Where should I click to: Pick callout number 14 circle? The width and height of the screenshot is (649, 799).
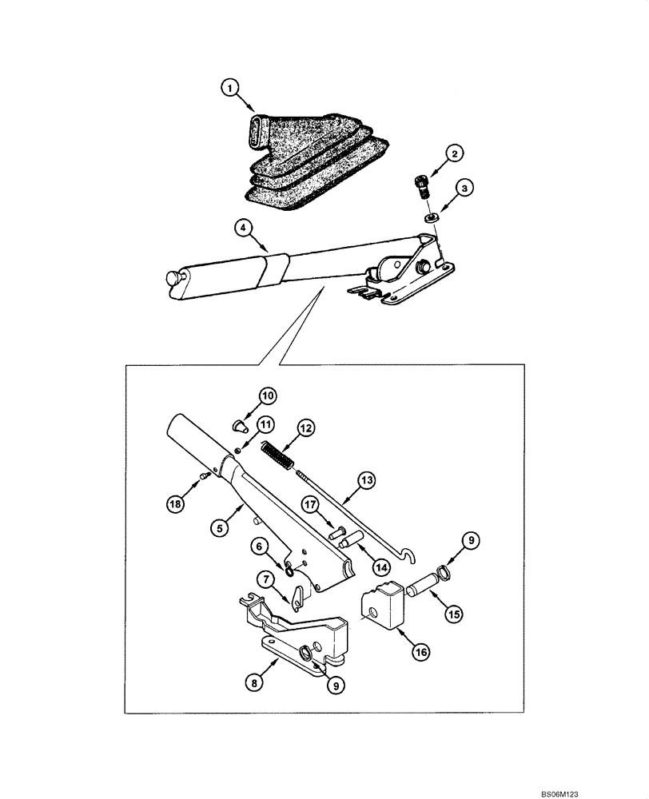pyautogui.click(x=381, y=566)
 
